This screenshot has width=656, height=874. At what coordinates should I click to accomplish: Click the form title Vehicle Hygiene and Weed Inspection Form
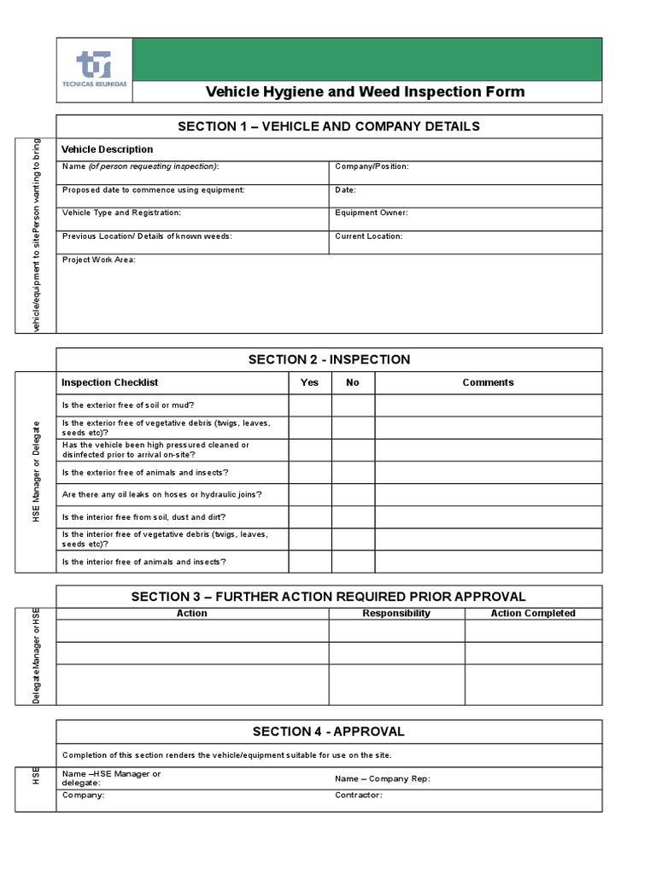(366, 92)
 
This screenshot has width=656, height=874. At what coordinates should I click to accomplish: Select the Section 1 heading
(329, 126)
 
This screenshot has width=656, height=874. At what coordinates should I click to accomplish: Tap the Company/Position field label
(372, 166)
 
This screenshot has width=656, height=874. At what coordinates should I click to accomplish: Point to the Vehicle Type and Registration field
(121, 213)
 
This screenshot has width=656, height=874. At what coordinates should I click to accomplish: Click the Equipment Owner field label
(372, 213)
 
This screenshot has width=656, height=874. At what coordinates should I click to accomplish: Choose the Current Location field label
(369, 236)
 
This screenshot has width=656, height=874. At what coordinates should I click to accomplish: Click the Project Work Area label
(99, 259)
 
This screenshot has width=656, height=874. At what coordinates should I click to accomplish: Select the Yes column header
(309, 382)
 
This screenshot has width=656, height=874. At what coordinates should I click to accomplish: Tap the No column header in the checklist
(353, 382)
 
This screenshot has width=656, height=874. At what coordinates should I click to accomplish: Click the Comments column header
(488, 382)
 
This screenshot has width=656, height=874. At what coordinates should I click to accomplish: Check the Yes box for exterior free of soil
(309, 405)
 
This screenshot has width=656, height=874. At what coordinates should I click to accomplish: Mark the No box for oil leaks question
(353, 495)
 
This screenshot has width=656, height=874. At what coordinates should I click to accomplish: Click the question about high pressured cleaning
(156, 450)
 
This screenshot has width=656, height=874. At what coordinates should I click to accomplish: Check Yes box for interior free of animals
(309, 562)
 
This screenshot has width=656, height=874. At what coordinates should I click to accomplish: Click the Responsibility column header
(396, 613)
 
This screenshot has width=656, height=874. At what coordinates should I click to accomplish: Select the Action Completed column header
(533, 613)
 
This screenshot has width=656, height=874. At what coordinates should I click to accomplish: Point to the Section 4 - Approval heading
(329, 731)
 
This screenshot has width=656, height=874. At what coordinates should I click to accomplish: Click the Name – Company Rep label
(383, 778)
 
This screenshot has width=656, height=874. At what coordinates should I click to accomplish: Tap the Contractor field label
(359, 795)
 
